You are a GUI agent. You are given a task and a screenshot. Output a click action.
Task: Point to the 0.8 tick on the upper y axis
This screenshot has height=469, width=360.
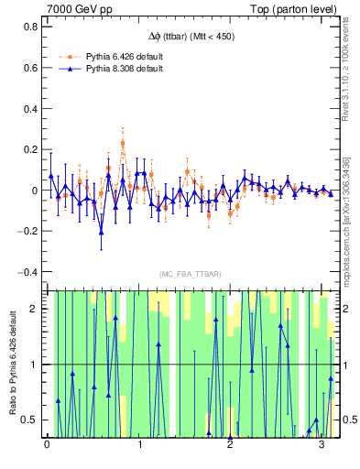[28, 27]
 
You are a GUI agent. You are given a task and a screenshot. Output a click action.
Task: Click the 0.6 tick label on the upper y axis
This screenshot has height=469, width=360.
[28, 69]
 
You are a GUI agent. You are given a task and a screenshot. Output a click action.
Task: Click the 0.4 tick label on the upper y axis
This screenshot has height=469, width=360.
[28, 109]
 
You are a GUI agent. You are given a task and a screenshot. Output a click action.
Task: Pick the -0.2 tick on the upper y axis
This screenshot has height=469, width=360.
[27, 232]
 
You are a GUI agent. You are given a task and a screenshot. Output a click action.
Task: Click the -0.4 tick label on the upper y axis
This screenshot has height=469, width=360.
[27, 272]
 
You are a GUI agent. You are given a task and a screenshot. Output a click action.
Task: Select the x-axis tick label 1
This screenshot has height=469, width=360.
[139, 445]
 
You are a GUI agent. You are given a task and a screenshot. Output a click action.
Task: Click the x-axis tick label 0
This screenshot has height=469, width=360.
[48, 445]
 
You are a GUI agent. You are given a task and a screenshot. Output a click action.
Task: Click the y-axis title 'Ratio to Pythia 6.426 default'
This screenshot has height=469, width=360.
[12, 363]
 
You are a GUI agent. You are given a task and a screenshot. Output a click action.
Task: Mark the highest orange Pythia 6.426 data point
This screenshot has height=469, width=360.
[123, 143]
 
